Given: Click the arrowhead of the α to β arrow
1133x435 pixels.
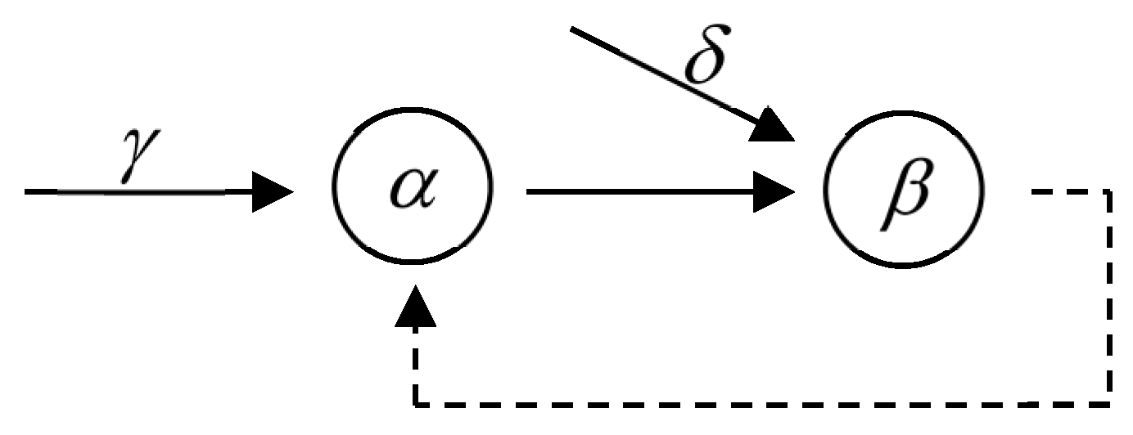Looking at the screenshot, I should (774, 193).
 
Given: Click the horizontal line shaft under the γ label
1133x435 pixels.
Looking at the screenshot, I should (139, 193).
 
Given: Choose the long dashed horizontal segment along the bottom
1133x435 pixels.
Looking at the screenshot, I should (761, 403).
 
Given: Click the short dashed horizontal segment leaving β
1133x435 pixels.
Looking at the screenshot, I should (1064, 193).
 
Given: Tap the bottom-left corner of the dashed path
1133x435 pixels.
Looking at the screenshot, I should (416, 403).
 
